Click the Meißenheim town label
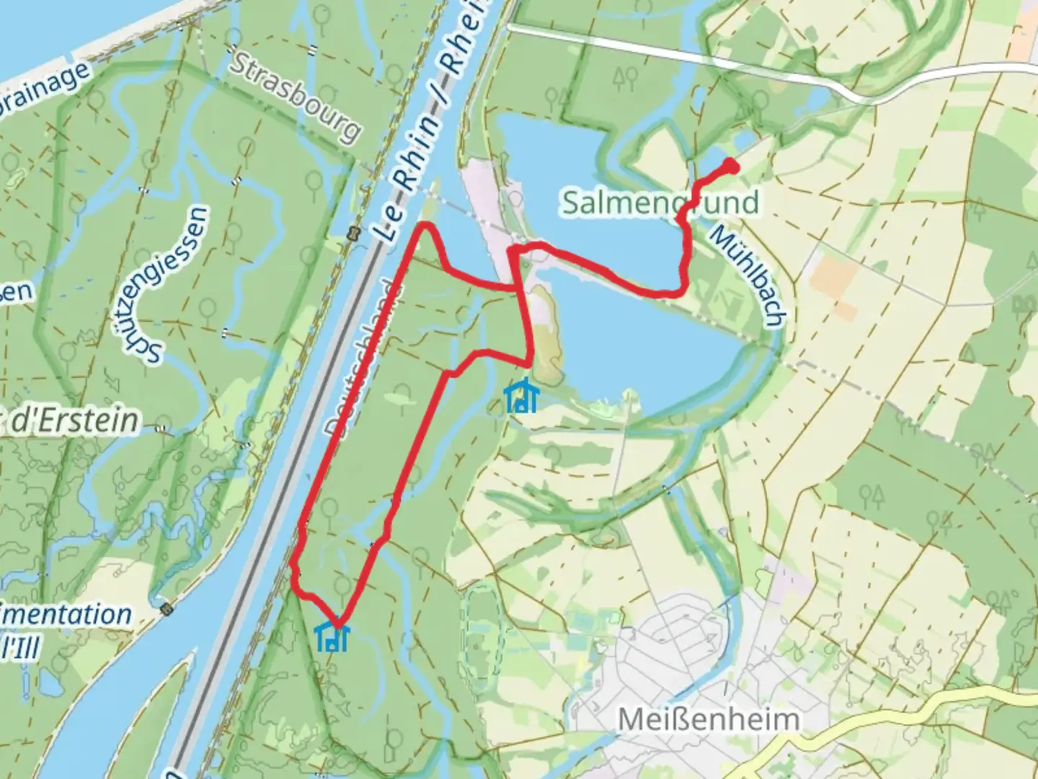(709, 719)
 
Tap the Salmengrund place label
(660, 203)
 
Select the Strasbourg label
(296, 97)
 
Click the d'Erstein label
(72, 421)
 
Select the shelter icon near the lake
(520, 396)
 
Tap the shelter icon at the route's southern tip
(332, 635)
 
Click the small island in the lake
(546, 332)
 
